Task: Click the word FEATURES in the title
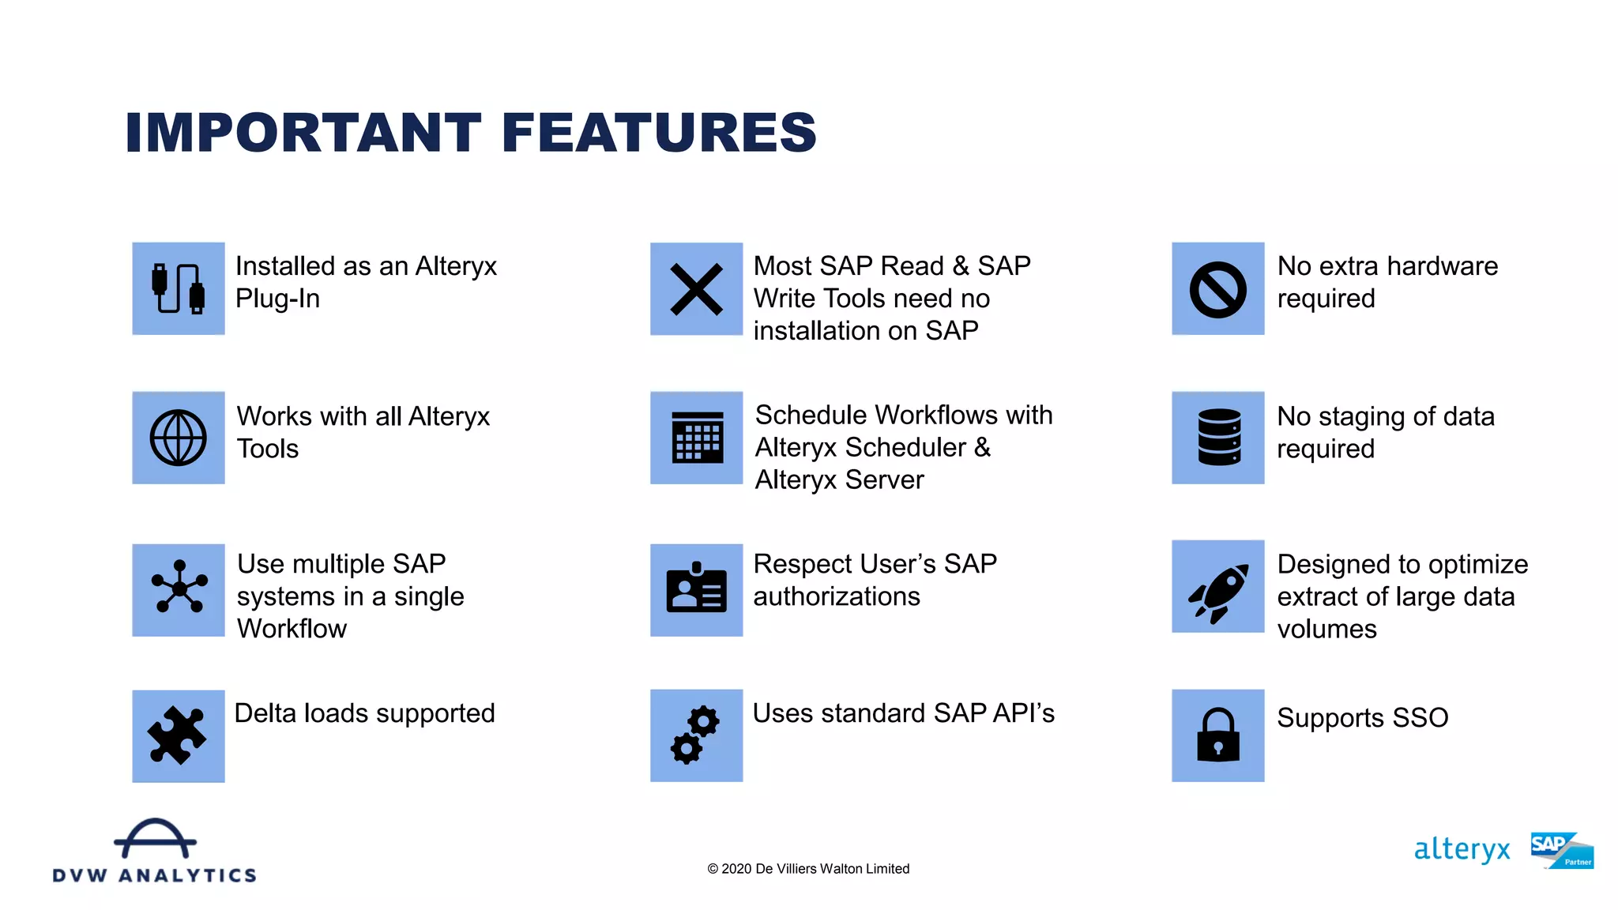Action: coord(659,132)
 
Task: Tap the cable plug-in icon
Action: coord(179,288)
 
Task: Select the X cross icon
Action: coord(696,289)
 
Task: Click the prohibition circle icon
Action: coord(1217,289)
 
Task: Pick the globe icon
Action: coord(179,438)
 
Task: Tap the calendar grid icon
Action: coord(697,438)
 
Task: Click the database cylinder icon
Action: coord(1218,438)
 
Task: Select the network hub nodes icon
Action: coord(179,587)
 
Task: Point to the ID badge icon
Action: coord(696,588)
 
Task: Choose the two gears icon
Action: coord(695,735)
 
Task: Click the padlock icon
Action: coord(1217,735)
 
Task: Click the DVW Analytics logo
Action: coord(155,852)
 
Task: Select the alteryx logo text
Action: coord(1462,850)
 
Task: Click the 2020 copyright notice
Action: coord(808,869)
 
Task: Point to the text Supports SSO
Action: coord(1362,718)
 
